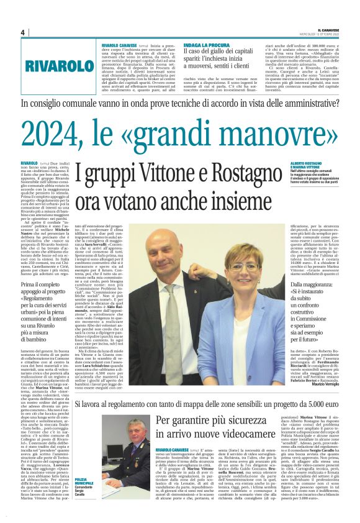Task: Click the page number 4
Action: [x=23, y=32]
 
